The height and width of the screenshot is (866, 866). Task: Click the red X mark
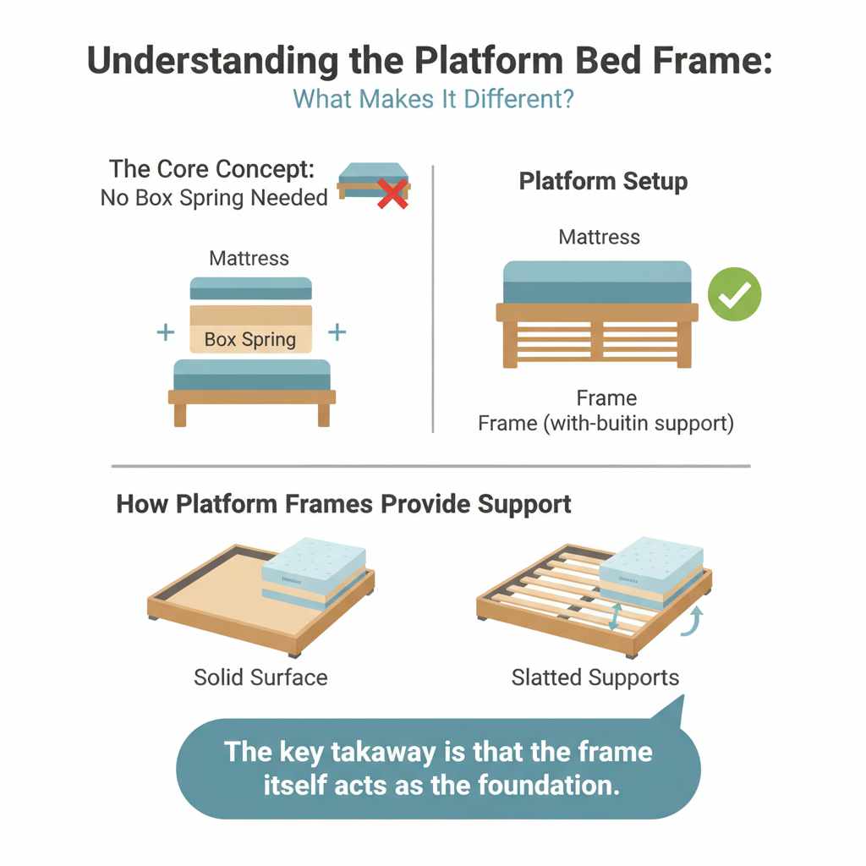click(x=392, y=194)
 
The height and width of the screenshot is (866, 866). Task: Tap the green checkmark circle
click(x=735, y=294)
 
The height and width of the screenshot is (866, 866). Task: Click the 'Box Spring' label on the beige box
click(x=250, y=340)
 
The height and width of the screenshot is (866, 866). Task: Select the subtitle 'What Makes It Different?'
click(x=433, y=98)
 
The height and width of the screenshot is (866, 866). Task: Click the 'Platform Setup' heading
click(x=603, y=181)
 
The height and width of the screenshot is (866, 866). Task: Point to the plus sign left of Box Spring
click(x=167, y=332)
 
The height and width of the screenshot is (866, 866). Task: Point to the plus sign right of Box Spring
click(x=337, y=332)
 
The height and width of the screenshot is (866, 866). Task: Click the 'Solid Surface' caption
click(x=260, y=677)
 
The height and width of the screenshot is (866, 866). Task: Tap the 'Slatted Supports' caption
click(x=595, y=677)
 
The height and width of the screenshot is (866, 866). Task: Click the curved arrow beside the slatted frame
click(x=696, y=620)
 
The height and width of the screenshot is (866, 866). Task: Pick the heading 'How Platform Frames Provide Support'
click(x=343, y=505)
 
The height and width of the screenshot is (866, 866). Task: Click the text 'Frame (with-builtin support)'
click(x=606, y=422)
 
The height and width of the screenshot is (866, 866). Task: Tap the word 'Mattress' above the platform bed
click(x=600, y=238)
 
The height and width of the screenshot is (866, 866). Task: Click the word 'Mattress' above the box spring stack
click(x=249, y=258)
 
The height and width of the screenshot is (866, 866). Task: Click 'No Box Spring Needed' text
click(x=214, y=198)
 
